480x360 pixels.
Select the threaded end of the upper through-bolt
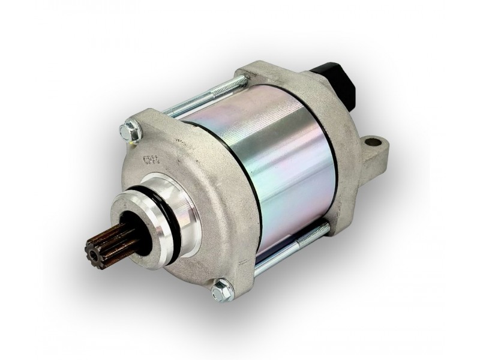[231, 85]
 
